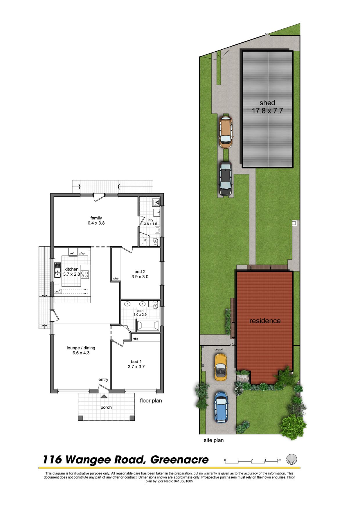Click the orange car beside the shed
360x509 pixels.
[x=225, y=132]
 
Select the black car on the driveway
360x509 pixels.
[x=225, y=178]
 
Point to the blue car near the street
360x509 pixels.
[x=221, y=407]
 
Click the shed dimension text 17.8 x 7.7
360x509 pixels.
[x=267, y=111]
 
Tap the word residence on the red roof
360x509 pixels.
[x=265, y=321]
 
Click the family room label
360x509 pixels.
[x=96, y=218]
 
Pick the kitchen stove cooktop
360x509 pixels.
[x=85, y=274]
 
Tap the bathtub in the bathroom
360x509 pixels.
[x=148, y=325]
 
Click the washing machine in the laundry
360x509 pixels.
[x=156, y=202]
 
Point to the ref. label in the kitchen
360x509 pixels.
[x=72, y=253]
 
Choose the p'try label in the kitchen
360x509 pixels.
[x=82, y=253]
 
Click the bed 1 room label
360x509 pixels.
[x=136, y=362]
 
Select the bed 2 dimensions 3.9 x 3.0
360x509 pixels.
[x=140, y=277]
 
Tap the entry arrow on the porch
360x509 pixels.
[x=104, y=396]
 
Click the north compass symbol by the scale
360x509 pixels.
[x=292, y=459]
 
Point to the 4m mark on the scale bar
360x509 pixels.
[x=279, y=460]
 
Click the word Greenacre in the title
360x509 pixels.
[x=179, y=460]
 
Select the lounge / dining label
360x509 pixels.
[x=81, y=348]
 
